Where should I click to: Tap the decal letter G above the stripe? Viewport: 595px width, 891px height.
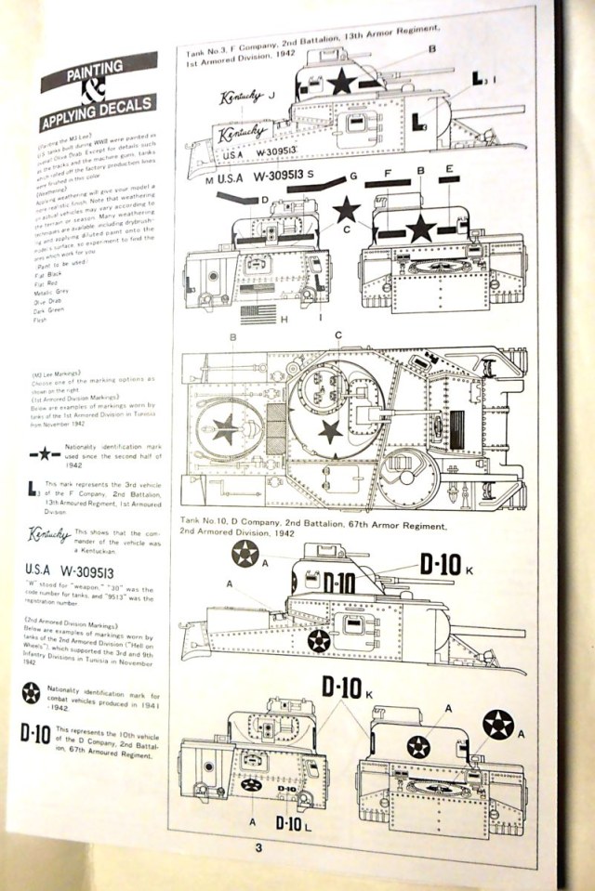point(353,177)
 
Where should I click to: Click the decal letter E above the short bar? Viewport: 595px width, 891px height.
point(449,169)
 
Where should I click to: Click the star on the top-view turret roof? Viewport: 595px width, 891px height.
point(329,429)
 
